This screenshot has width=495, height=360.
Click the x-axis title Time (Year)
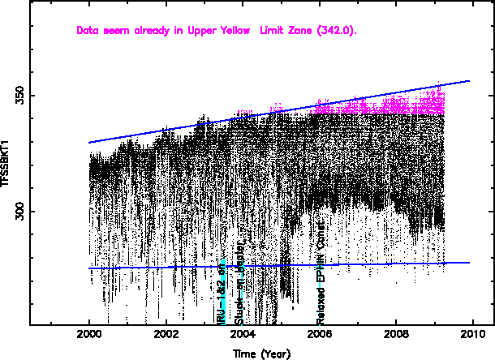(x=260, y=354)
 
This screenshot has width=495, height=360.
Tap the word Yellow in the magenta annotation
(x=239, y=31)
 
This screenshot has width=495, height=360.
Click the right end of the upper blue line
(x=469, y=81)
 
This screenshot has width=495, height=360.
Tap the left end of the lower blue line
(x=89, y=268)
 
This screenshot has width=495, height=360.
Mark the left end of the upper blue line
(x=89, y=143)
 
